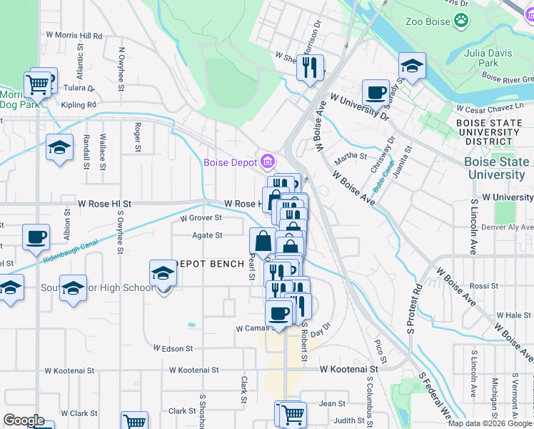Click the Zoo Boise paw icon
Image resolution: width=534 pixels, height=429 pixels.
[x=463, y=21]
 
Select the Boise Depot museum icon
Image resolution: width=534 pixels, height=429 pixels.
[x=268, y=162]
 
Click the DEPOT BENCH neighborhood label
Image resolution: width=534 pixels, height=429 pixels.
[x=209, y=264]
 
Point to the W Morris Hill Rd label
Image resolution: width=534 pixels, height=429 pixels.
[x=74, y=35]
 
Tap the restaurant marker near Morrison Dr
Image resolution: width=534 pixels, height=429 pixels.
[x=310, y=68]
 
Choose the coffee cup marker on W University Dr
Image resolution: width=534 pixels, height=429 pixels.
[x=375, y=92]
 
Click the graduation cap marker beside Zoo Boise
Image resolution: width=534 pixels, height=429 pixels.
[x=411, y=66]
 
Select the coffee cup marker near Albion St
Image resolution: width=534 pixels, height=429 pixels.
[x=35, y=237]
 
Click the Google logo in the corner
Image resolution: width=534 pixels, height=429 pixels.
[x=24, y=420]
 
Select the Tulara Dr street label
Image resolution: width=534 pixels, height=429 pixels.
[x=78, y=88]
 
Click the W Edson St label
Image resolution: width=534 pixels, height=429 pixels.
[x=173, y=348]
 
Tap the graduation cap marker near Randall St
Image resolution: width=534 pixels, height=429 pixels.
[x=60, y=149]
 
